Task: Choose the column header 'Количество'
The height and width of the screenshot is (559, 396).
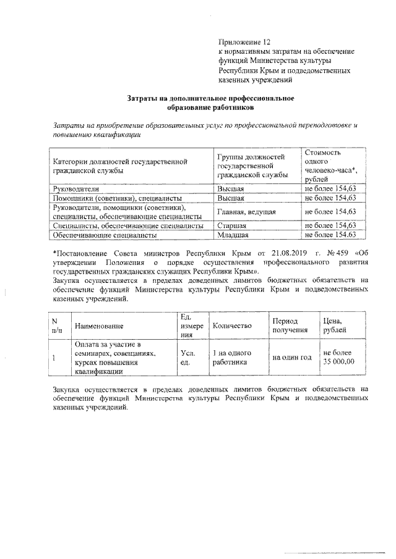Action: tap(232, 325)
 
